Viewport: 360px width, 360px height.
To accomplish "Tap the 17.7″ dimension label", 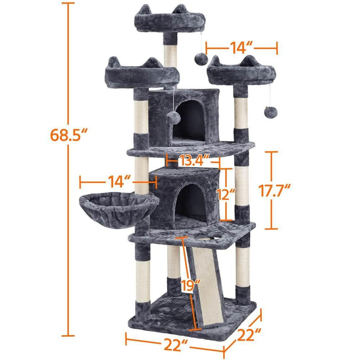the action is (274, 190).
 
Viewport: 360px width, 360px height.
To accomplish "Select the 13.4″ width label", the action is (194, 160).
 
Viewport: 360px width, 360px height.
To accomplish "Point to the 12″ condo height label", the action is (226, 194).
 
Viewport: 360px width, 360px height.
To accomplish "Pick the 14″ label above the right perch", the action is (241, 48).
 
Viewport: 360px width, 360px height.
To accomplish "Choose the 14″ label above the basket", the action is (119, 182).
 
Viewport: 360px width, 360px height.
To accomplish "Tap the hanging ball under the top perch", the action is (201, 59).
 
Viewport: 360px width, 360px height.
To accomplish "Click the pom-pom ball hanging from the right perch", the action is (271, 112).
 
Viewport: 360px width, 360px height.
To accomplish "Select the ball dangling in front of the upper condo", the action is (173, 118).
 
